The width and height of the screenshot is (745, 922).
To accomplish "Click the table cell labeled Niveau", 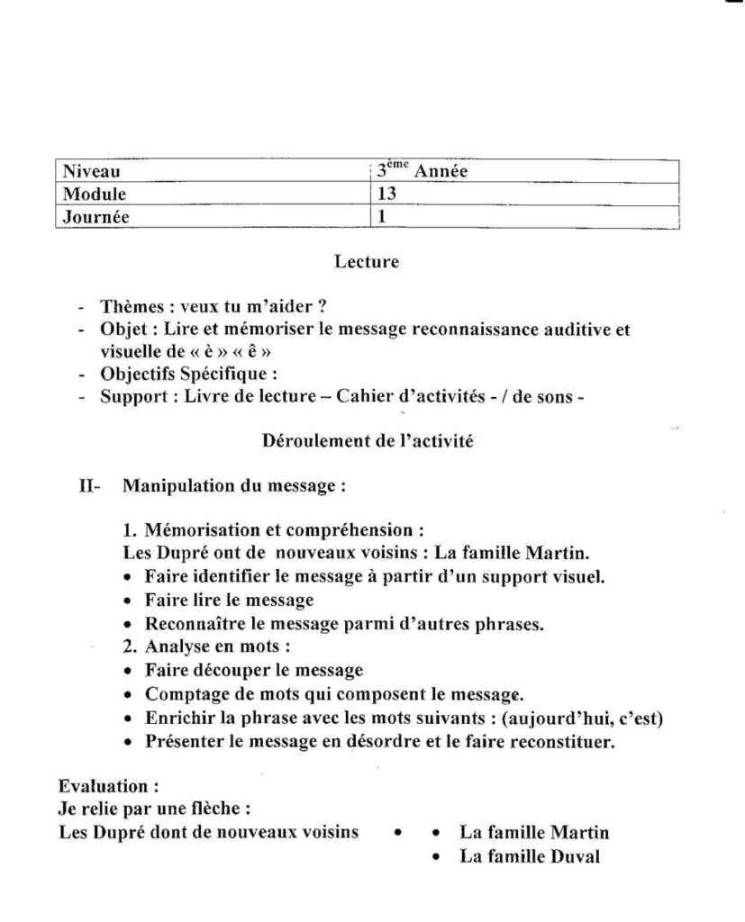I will point(91,171).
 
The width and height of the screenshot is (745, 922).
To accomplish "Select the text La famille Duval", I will point(530,857).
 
